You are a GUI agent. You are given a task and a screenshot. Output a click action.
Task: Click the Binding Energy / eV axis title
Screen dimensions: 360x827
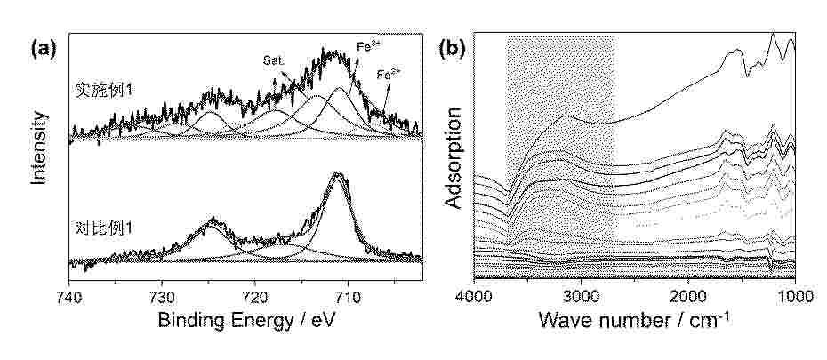tap(244, 318)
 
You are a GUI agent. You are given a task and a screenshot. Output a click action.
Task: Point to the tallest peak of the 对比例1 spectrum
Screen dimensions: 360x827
tap(337, 174)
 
